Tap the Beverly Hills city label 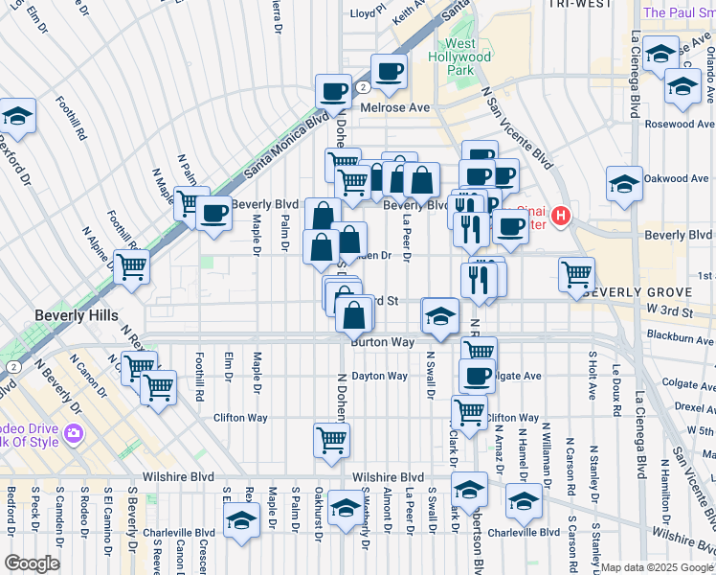pyautogui.click(x=76, y=315)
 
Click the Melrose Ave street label pyautogui.click(x=395, y=108)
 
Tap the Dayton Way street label pyautogui.click(x=380, y=376)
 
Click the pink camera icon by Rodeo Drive pyautogui.click(x=74, y=435)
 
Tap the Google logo pyautogui.click(x=32, y=563)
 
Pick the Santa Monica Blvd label pyautogui.click(x=288, y=146)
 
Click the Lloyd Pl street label pyautogui.click(x=368, y=13)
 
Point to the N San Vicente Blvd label pyautogui.click(x=518, y=124)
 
